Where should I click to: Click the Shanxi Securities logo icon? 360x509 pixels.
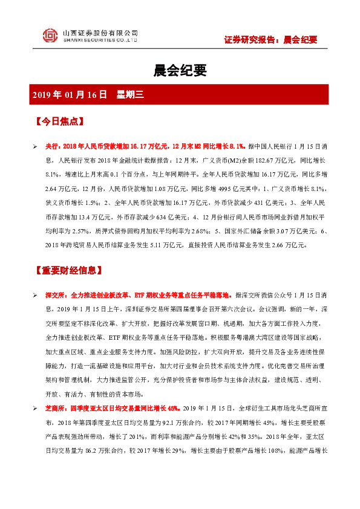pos(50,36)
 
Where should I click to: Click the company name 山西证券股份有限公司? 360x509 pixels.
pos(100,33)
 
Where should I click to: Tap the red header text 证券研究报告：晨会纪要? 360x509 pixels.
pos(270,41)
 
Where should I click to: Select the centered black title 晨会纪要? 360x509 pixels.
pos(180,71)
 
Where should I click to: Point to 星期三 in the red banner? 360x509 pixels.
pos(129,95)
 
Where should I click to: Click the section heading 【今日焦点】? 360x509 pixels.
pos(60,121)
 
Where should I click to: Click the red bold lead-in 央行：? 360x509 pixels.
pos(53,146)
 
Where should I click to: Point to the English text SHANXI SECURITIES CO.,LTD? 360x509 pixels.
pos(100,41)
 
